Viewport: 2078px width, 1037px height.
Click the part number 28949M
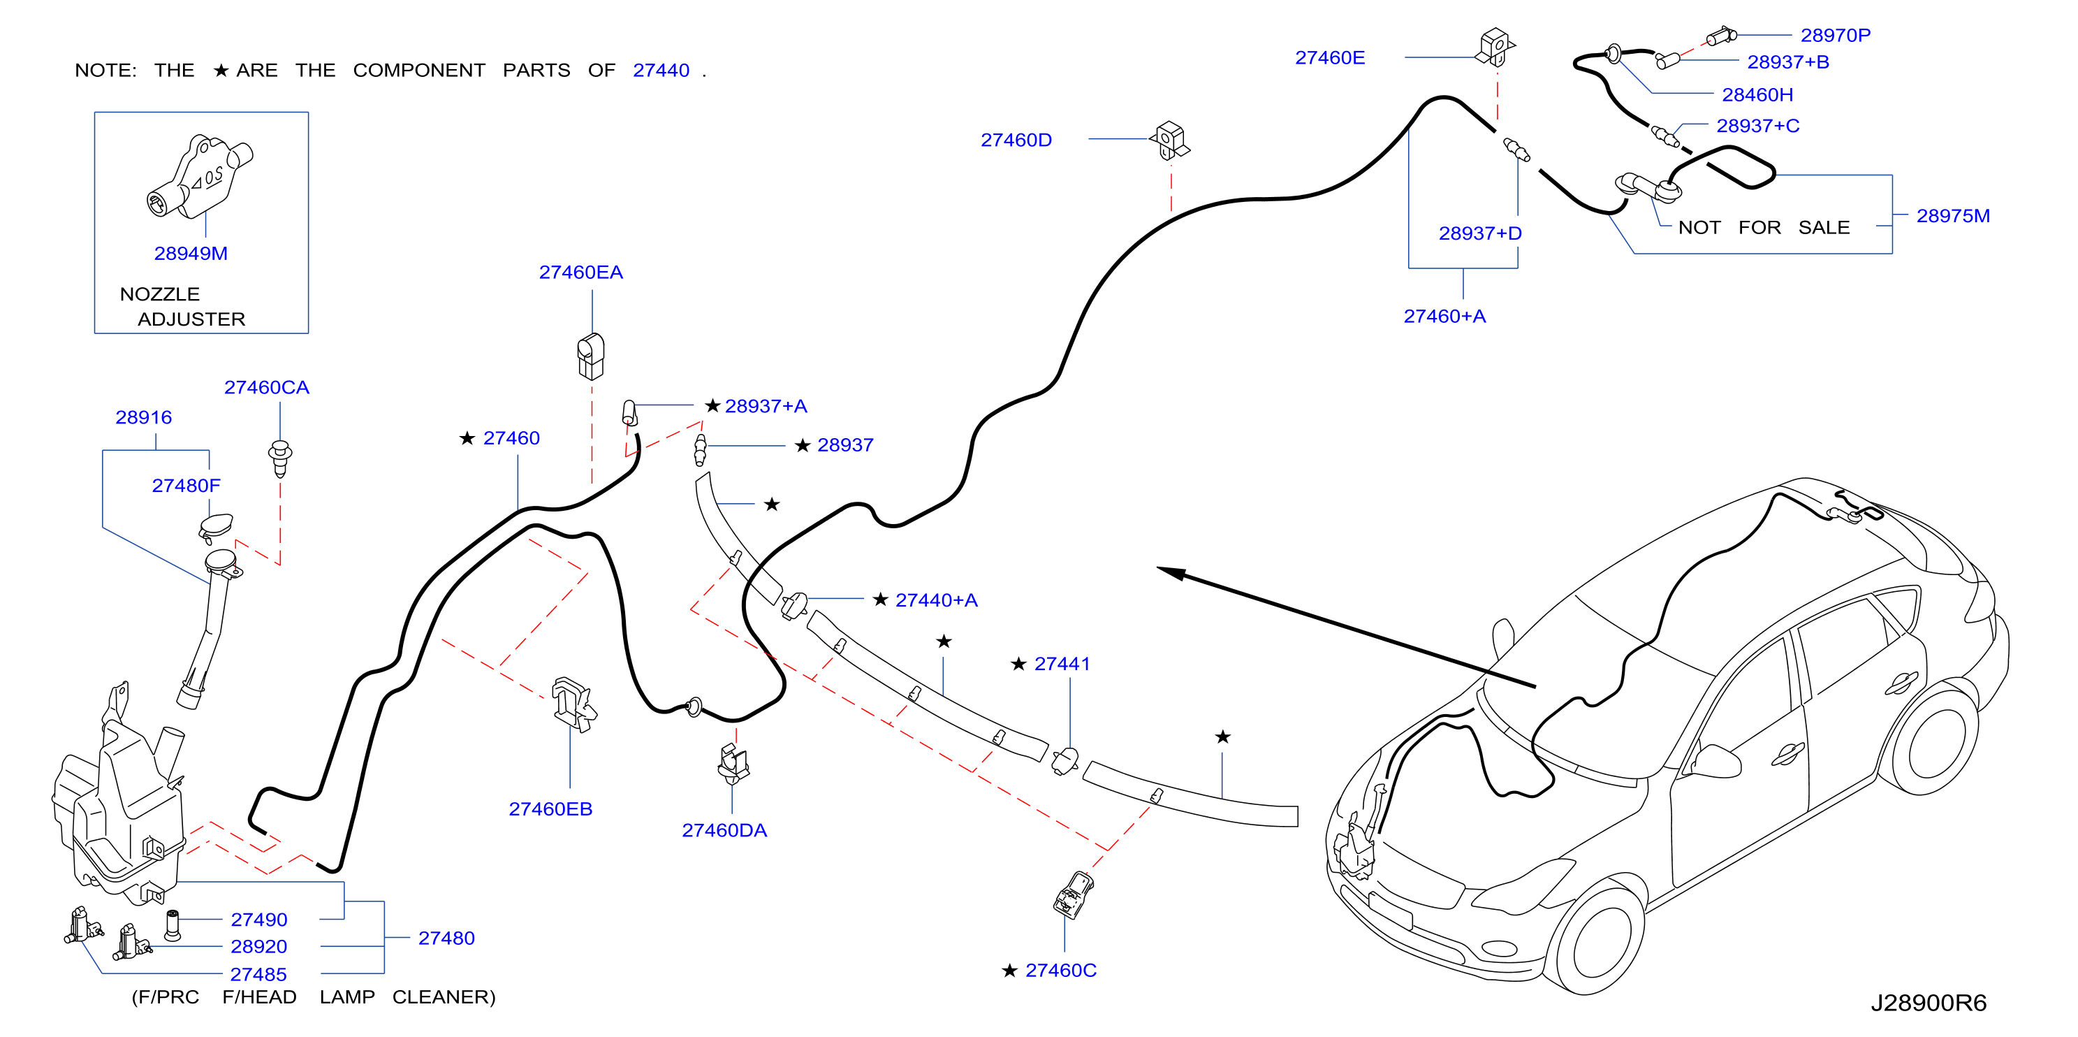point(191,254)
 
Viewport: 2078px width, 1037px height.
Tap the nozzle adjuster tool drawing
point(200,177)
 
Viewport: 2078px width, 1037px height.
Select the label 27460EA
point(581,273)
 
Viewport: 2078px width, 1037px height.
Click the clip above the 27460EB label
point(573,704)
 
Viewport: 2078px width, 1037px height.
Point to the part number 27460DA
point(724,830)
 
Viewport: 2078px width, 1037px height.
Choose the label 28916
point(144,417)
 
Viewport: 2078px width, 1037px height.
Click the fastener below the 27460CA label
point(280,458)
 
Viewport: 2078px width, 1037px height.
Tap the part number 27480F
point(186,486)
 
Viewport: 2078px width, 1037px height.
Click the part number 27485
point(258,975)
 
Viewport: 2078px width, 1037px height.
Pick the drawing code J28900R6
point(1929,1003)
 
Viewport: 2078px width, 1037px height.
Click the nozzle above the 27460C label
point(1073,894)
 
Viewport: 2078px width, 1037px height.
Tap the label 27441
point(1062,664)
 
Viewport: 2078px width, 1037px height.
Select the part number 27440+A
point(937,600)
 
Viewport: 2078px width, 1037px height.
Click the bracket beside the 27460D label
point(1170,140)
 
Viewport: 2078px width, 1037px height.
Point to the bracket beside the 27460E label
point(1495,47)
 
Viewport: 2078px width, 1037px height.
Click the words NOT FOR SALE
point(1764,228)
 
